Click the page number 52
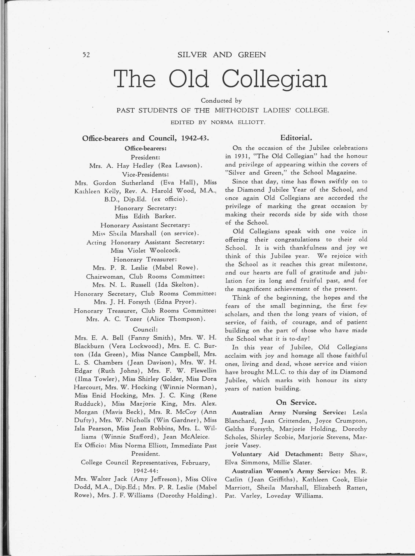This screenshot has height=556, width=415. coord(86,55)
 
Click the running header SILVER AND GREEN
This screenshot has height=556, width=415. coord(221,55)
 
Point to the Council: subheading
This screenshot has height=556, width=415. coord(145,329)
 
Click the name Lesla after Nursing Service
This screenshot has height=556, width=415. coord(360,412)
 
